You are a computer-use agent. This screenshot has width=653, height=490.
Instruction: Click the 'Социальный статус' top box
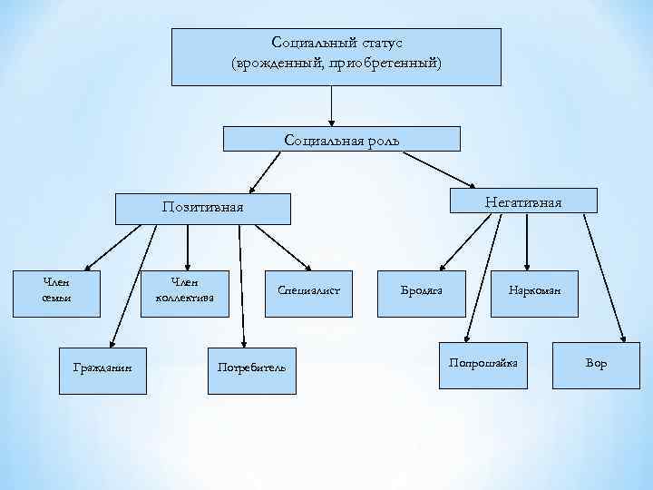pos(336,56)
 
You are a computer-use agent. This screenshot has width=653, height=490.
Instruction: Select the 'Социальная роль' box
pos(341,139)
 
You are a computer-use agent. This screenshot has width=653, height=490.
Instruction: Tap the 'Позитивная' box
pos(202,208)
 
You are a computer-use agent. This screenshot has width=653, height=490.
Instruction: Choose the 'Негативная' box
pos(523,201)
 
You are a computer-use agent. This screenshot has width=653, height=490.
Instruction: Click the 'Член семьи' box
pos(56,291)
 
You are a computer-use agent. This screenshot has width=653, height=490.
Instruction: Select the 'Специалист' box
pos(308,290)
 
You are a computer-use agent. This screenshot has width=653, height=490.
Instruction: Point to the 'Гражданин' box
pos(102,367)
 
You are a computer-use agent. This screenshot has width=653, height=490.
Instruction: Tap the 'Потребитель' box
pos(251,367)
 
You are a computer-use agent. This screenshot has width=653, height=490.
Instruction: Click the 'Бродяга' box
pos(422,291)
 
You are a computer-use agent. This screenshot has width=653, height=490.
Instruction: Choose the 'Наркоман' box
pos(534,291)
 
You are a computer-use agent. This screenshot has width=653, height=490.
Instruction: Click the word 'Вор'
pos(596,363)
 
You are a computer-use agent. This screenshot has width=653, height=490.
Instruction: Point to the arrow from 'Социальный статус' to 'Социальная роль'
pos(333,104)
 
